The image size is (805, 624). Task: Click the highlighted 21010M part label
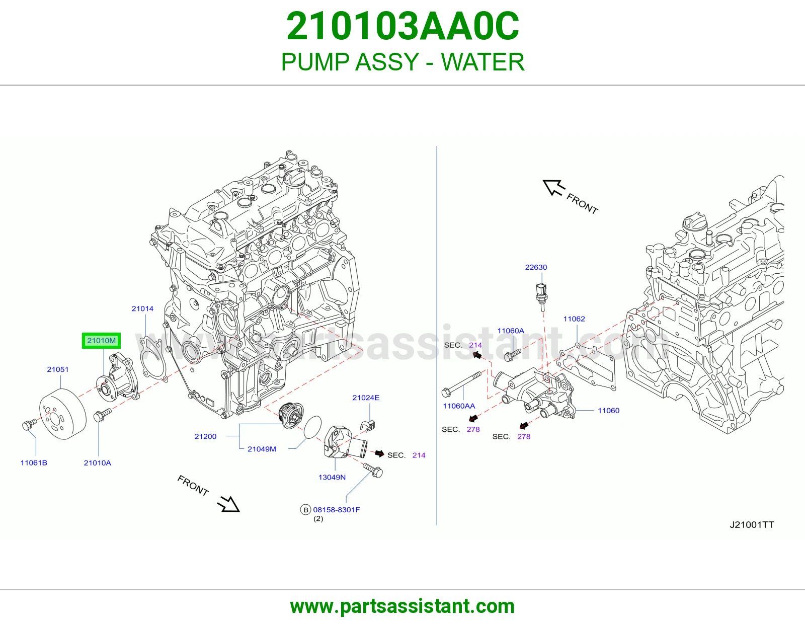point(101,341)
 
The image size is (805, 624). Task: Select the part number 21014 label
point(142,308)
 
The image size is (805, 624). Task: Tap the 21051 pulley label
point(58,369)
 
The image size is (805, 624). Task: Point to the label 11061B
point(34,463)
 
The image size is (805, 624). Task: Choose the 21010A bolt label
point(98,463)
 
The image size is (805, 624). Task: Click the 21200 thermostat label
point(205,436)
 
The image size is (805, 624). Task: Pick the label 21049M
point(262,449)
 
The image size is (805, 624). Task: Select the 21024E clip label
point(366,398)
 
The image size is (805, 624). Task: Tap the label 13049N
point(332,477)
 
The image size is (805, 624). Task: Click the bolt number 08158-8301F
point(337,510)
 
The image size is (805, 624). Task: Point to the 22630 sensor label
point(536,267)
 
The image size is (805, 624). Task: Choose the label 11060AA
point(459,406)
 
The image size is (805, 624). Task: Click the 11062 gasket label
point(574,319)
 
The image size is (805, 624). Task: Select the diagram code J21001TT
point(752,525)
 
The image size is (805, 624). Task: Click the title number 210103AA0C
point(403,26)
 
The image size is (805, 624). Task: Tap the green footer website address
point(403,606)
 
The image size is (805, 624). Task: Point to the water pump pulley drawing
point(62,414)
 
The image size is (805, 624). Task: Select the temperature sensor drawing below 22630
point(541,296)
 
